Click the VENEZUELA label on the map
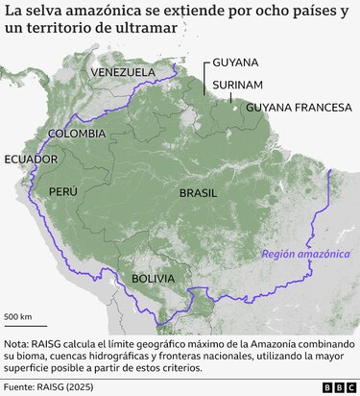coord(122,72)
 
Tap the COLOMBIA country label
coord(84,133)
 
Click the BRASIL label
coord(199,193)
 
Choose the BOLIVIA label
coord(154,279)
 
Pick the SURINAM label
coord(237,85)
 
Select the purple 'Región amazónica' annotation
coord(306,255)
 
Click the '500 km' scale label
coord(18,316)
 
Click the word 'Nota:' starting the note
coord(20,343)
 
